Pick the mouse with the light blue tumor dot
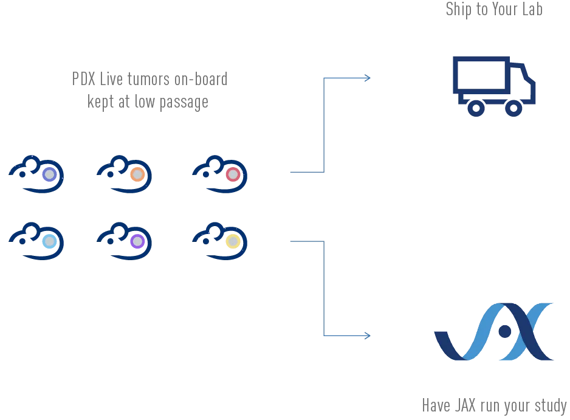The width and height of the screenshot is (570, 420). pos(36,241)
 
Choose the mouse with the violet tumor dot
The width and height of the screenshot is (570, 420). pos(125,241)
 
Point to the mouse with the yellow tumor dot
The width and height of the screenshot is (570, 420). pos(220,241)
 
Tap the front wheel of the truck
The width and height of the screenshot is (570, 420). pos(513,108)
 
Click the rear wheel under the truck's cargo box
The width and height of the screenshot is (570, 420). pos(476,108)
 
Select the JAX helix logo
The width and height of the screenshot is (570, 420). pos(494,332)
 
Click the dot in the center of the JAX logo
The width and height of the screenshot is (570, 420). pos(504,331)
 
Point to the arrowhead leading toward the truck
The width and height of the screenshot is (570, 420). pos(366,78)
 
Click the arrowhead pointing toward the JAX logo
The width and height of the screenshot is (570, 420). pos(366,336)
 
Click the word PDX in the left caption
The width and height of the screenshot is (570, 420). pos(84,79)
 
